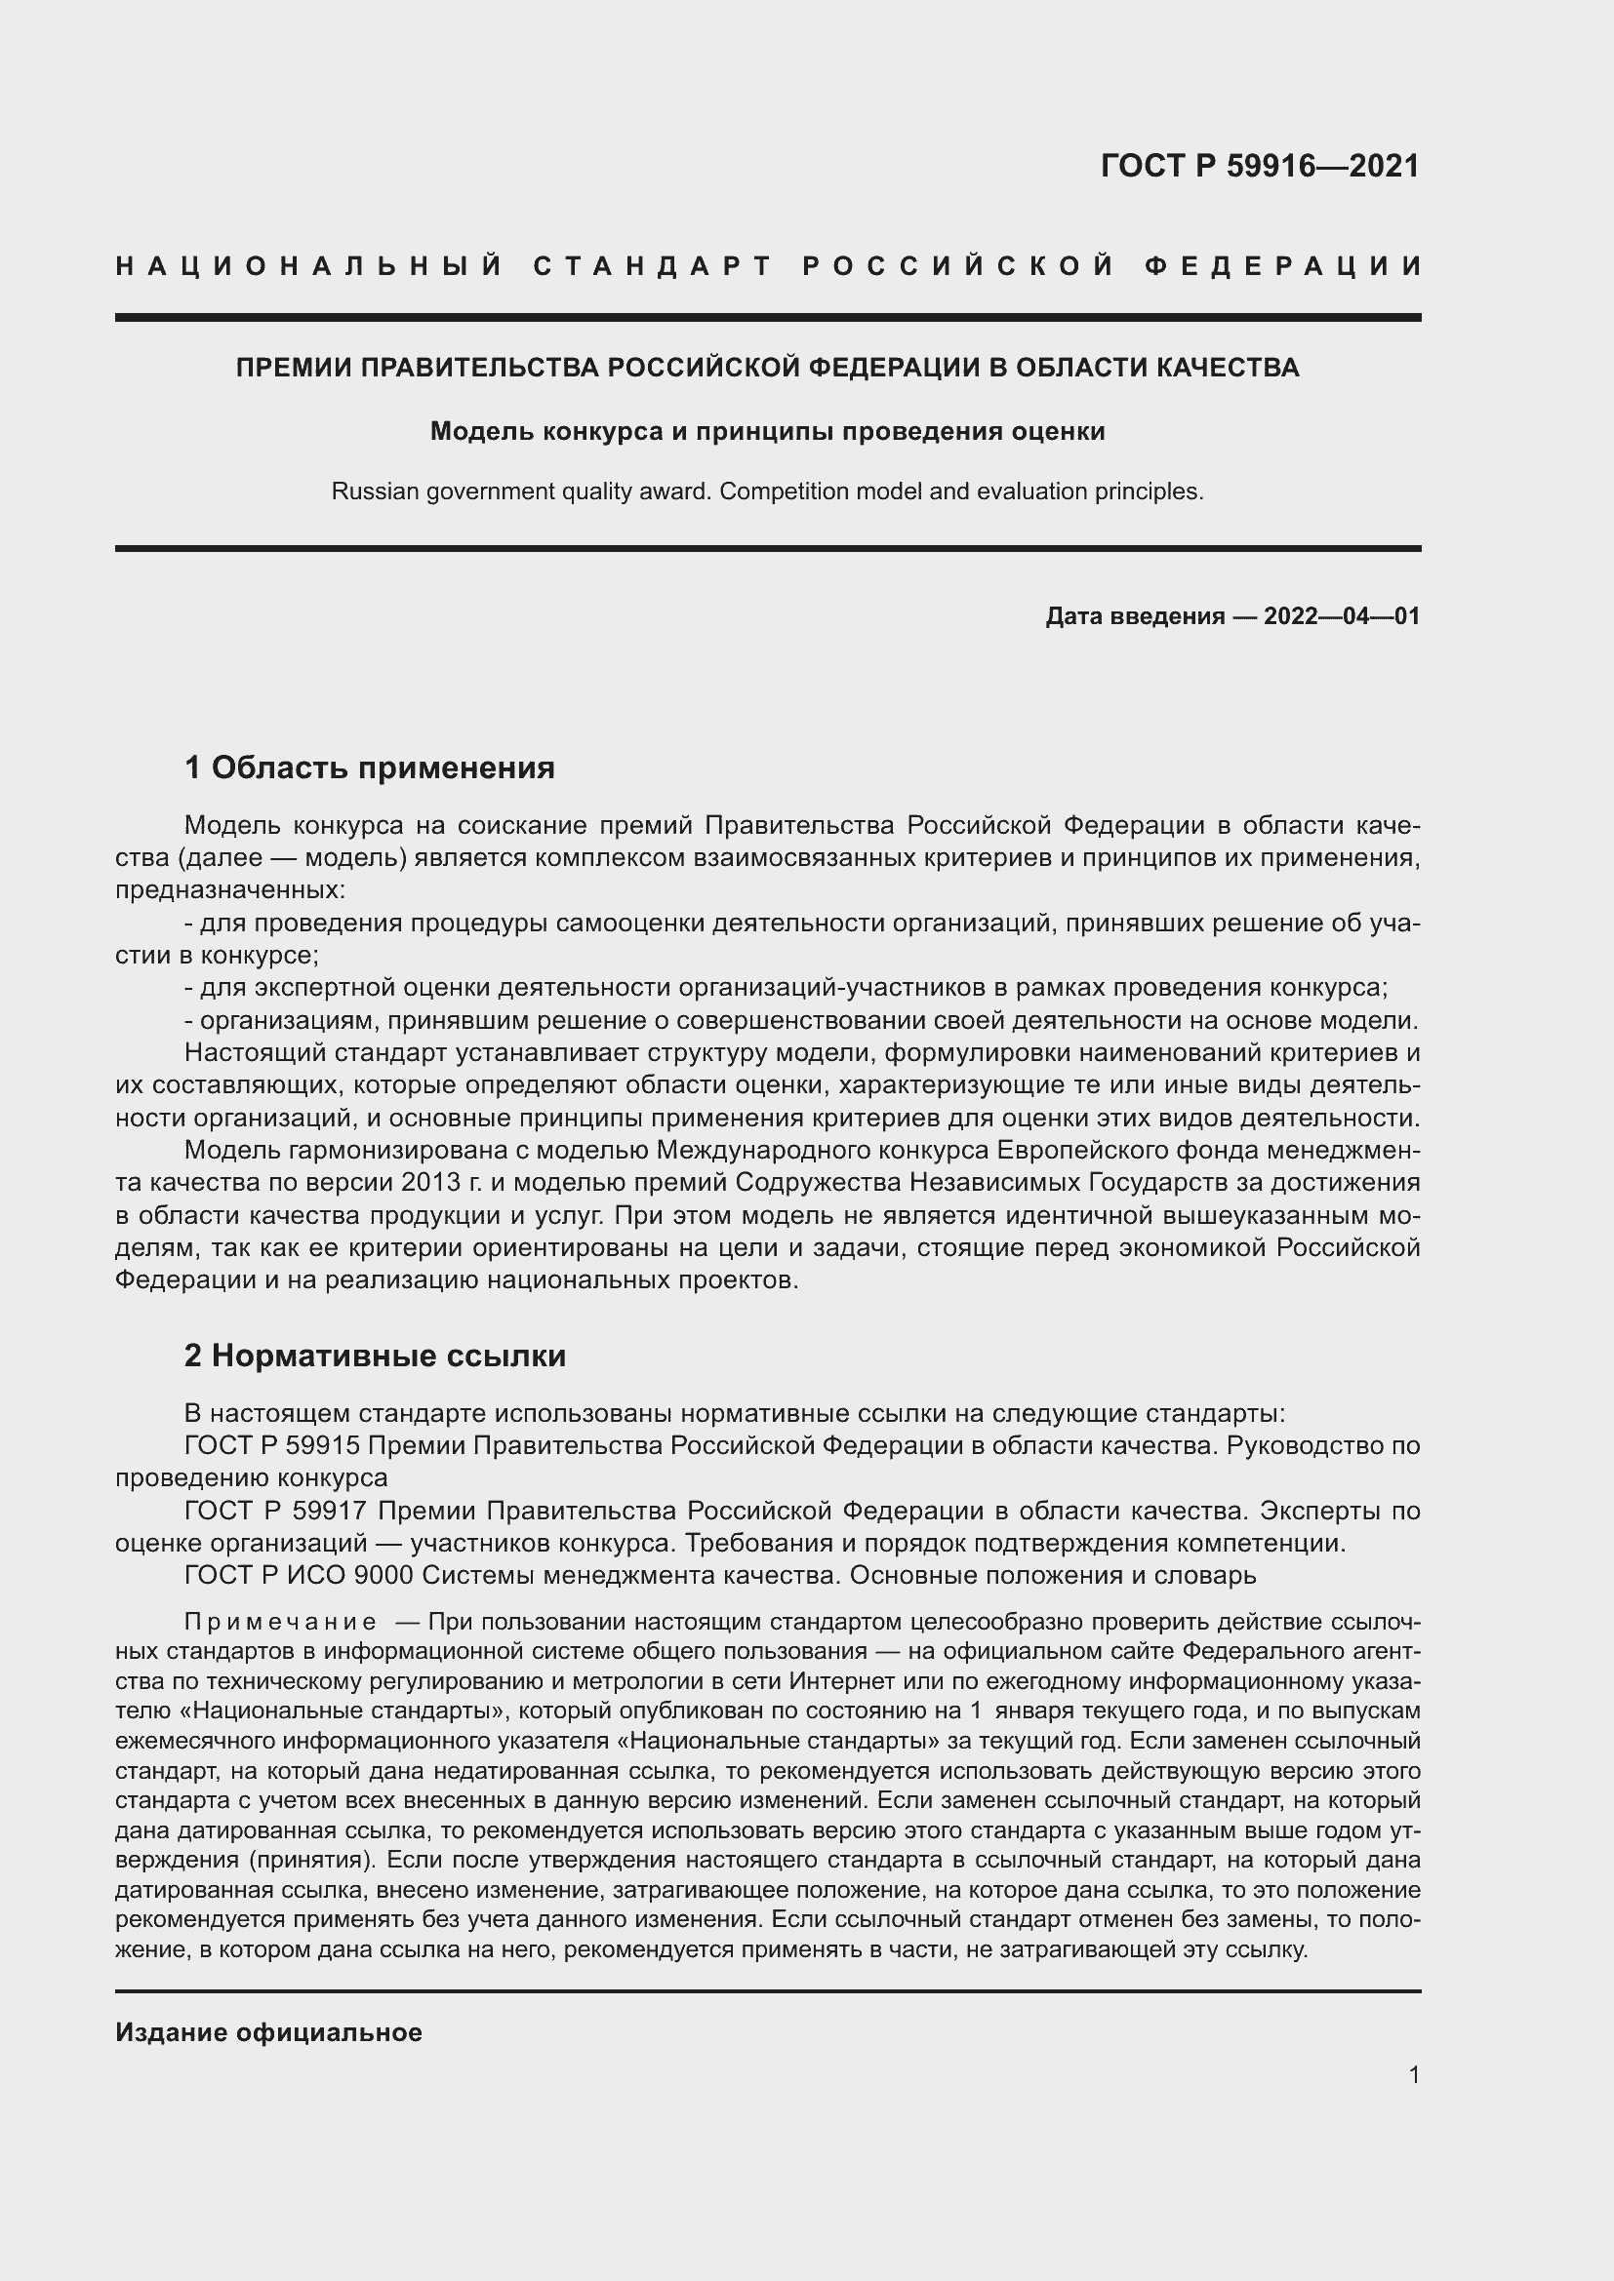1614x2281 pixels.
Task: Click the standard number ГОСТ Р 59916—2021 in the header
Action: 1259,165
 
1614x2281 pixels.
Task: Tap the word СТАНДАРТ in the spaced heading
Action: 653,266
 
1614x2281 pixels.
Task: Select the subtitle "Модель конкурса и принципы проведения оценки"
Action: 767,431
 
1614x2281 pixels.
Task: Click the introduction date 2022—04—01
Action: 1341,616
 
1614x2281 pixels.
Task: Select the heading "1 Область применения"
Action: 370,767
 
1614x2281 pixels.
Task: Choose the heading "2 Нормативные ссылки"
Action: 375,1356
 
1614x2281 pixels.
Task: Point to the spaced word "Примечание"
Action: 280,1623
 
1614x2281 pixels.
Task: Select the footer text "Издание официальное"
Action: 268,2031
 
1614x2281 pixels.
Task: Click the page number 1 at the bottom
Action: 1413,2074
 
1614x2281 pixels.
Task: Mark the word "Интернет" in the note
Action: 830,1682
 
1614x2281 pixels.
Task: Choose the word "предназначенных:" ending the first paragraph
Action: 229,889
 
